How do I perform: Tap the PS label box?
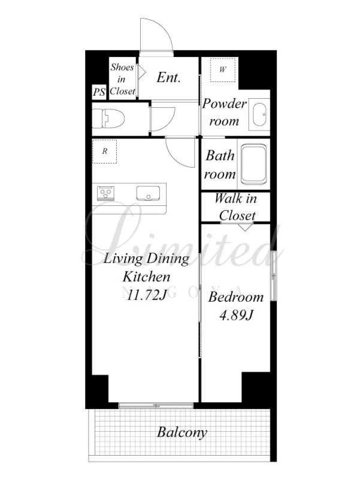click(99, 92)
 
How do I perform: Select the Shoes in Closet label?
click(123, 79)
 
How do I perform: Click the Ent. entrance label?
click(169, 77)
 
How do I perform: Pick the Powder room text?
click(224, 112)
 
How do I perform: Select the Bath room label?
click(220, 165)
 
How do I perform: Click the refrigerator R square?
click(105, 151)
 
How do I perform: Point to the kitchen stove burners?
click(106, 193)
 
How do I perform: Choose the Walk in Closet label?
click(235, 207)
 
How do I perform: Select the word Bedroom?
click(235, 297)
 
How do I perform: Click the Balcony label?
click(182, 432)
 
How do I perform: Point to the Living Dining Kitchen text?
click(147, 268)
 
